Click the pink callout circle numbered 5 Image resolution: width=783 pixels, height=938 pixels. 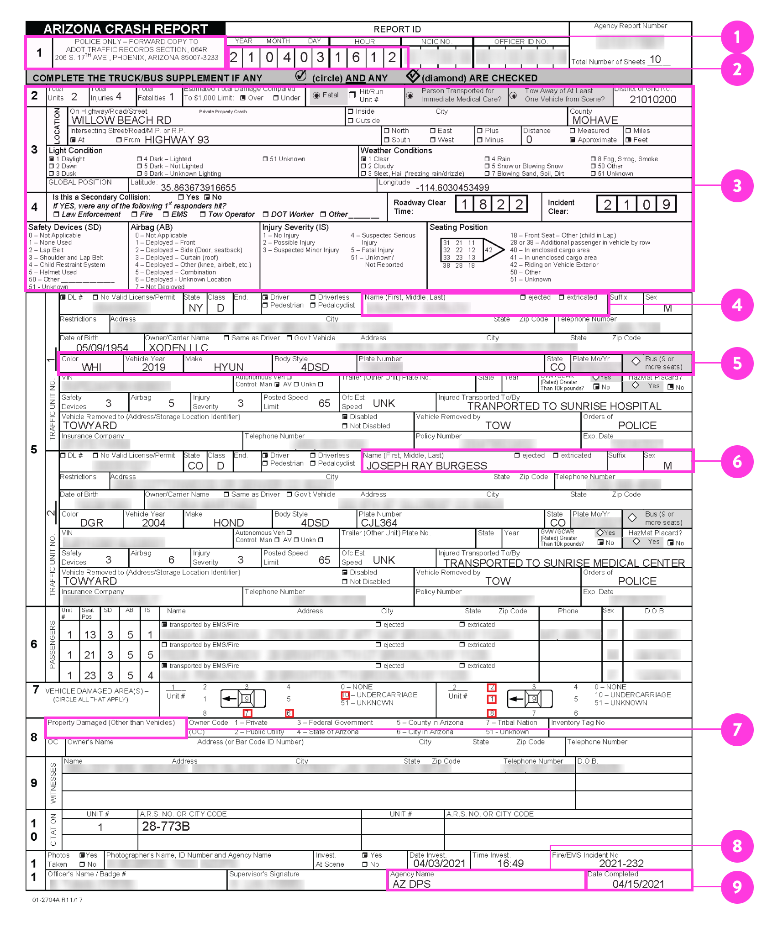[x=736, y=364]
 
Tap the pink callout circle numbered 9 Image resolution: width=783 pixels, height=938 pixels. [x=736, y=886]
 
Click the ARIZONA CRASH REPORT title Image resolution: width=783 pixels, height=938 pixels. [x=126, y=29]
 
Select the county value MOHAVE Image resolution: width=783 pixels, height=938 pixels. [x=595, y=120]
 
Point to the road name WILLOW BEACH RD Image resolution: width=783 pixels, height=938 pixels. [x=121, y=120]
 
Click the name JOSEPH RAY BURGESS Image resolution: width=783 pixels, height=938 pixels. [x=427, y=466]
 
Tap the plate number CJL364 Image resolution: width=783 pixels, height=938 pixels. [x=379, y=523]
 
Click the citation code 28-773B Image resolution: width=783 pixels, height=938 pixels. [x=166, y=826]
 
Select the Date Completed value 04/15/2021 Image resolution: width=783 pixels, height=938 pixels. [x=638, y=884]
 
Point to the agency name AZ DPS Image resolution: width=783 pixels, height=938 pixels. [x=411, y=884]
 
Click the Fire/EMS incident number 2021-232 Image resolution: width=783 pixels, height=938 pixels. [x=621, y=864]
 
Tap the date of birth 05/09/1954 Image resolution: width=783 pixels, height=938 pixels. [x=102, y=348]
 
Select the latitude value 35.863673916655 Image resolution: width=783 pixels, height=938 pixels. [x=198, y=188]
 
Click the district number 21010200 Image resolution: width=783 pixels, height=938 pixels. [x=652, y=100]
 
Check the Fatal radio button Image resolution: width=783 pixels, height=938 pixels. [x=316, y=95]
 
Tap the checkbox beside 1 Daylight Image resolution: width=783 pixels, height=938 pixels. [x=52, y=159]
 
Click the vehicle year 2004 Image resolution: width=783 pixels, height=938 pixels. [x=153, y=523]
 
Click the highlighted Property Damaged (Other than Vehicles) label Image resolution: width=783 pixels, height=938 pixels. [x=111, y=723]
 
